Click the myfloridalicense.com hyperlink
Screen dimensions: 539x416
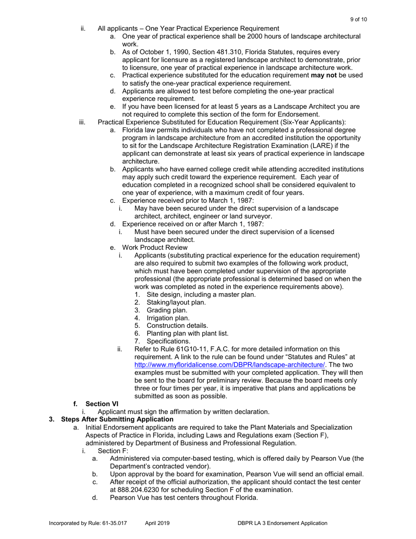point(229,365)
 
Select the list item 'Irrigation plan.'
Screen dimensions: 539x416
point(168,318)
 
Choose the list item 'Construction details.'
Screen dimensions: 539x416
point(177,326)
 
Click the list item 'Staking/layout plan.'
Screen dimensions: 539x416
point(176,302)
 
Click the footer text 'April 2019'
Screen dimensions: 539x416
point(157,523)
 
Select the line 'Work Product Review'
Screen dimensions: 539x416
point(154,248)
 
